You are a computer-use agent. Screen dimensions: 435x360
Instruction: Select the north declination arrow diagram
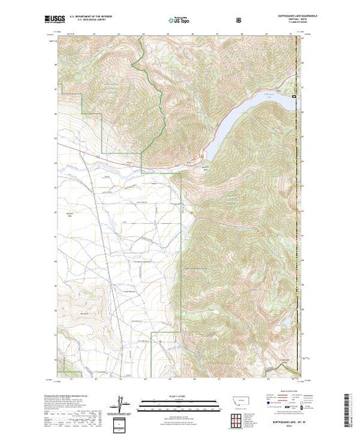[121, 403]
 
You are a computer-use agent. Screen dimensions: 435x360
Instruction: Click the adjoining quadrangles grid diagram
[240, 418]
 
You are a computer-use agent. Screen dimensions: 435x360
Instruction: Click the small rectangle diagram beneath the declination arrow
[121, 421]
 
